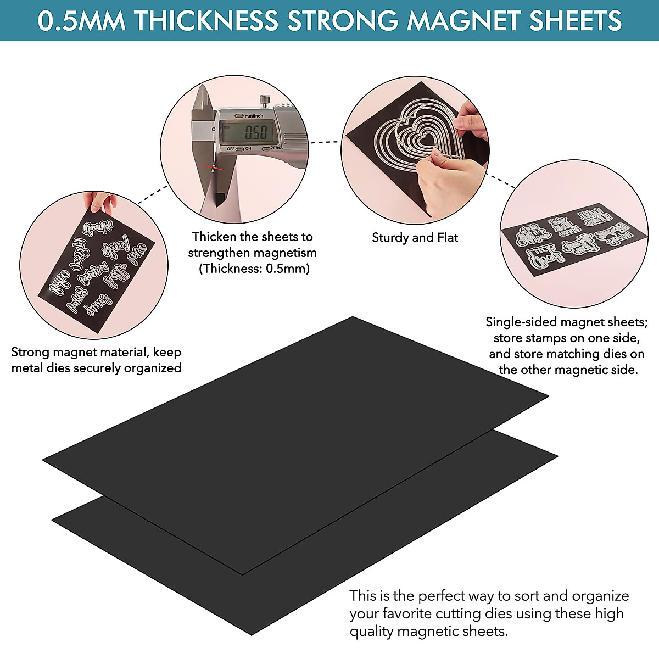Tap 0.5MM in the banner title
click(81, 21)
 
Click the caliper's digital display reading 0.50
click(255, 132)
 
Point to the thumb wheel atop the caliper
click(264, 100)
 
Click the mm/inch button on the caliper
click(250, 116)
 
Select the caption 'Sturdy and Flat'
click(415, 237)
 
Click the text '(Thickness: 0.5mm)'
click(254, 269)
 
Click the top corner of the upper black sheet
click(353, 318)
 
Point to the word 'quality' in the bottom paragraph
click(372, 632)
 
